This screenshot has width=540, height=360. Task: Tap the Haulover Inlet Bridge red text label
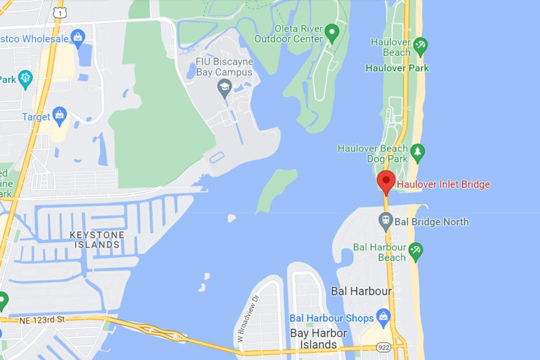(x=443, y=184)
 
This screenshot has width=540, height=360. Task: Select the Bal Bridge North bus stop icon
(x=386, y=220)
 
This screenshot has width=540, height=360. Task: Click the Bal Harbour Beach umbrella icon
(x=415, y=250)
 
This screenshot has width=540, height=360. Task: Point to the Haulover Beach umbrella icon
(x=420, y=46)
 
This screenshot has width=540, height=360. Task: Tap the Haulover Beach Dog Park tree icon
(x=417, y=151)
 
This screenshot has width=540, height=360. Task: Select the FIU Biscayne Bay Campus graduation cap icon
(x=224, y=88)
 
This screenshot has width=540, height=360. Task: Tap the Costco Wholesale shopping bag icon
(x=77, y=37)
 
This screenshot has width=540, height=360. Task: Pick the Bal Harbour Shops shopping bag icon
(x=383, y=317)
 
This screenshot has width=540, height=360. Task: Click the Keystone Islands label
(x=97, y=239)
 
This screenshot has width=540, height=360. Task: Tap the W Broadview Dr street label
(x=247, y=316)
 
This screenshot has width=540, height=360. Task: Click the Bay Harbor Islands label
(x=318, y=338)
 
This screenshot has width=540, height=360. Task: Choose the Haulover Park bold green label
(x=397, y=68)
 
